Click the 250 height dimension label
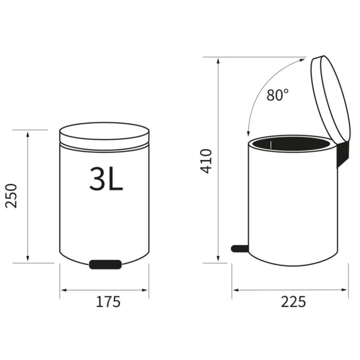coord(11,196)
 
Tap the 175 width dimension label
coord(108,301)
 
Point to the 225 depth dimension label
coord(293,301)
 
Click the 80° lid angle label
coord(277,95)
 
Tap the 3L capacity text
coord(106,179)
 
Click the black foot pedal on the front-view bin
coord(106,265)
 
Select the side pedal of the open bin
coord(240,249)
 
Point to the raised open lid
coord(331,99)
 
